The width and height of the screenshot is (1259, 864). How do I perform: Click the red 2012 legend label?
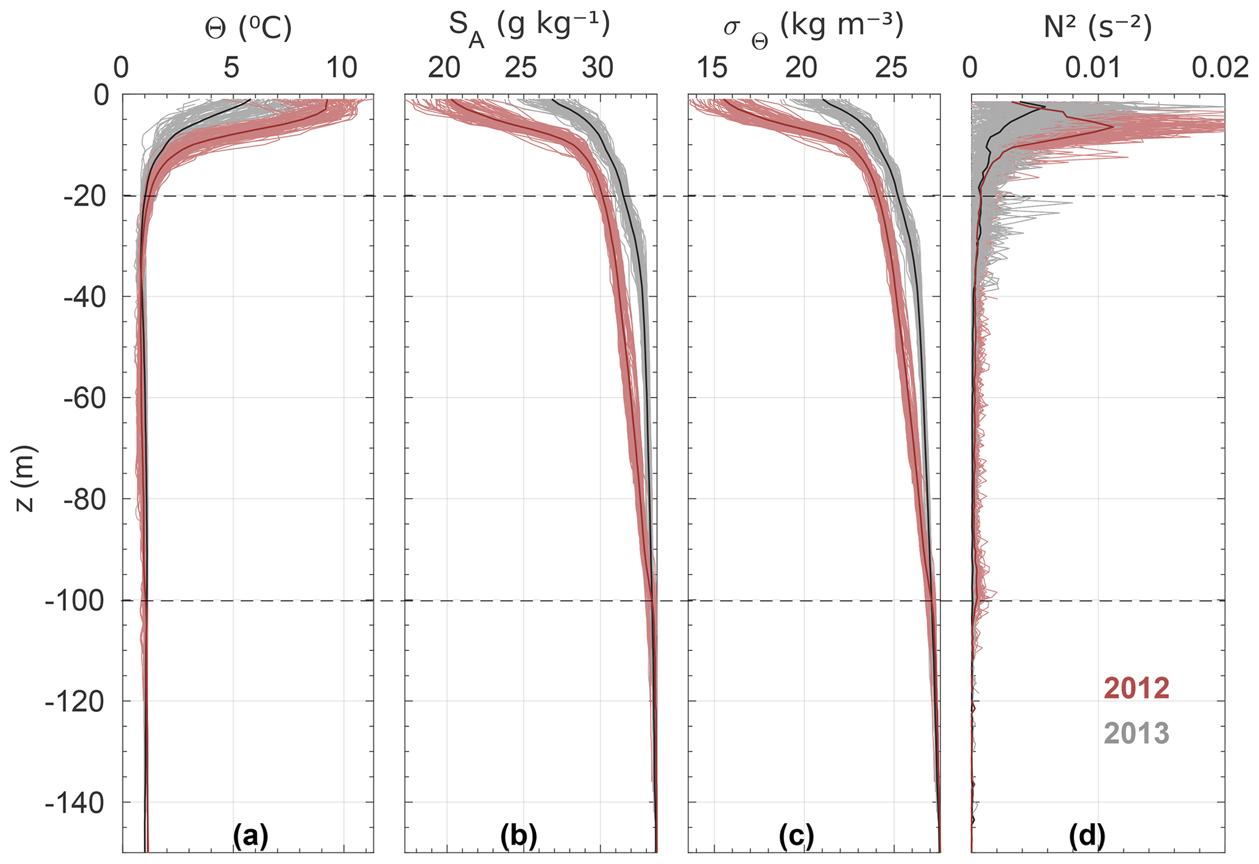tap(1137, 689)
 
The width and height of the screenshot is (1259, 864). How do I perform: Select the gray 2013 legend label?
tap(1137, 733)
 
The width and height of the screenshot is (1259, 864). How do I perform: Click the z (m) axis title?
tap(26, 478)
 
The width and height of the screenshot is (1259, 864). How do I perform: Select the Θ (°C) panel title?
tap(248, 29)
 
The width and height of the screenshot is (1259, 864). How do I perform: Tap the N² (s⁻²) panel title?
tap(1098, 29)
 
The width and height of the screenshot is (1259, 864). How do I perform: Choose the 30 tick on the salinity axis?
tap(598, 69)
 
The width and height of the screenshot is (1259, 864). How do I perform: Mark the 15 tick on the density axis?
tap(712, 69)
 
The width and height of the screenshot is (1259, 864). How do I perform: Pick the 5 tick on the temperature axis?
tap(231, 69)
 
